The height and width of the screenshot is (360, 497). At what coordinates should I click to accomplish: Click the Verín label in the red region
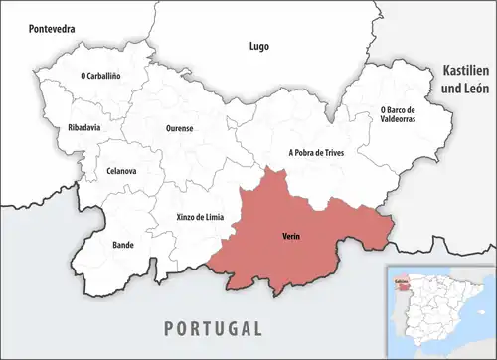point(291,236)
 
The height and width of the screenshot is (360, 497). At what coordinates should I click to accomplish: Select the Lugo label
point(259,47)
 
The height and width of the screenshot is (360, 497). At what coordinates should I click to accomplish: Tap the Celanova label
point(121,171)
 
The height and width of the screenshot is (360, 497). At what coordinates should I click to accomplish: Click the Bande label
point(123,243)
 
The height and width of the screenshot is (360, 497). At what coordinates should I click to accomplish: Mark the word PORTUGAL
point(214,328)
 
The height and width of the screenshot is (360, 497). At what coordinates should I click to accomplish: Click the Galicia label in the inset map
point(401,282)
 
